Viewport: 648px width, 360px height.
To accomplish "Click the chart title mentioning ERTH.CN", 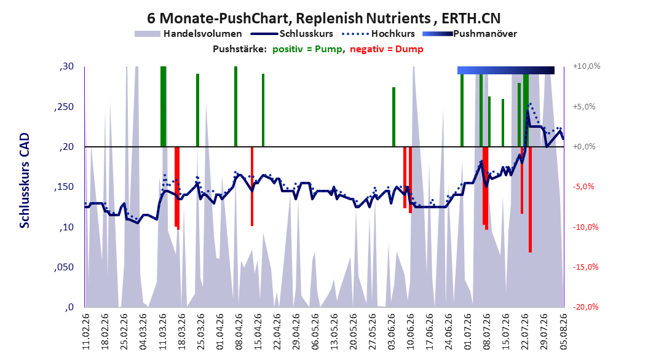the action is [x=323, y=18].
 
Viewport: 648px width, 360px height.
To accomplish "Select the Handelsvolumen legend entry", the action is [x=188, y=34].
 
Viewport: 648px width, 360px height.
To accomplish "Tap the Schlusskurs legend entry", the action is [x=292, y=34].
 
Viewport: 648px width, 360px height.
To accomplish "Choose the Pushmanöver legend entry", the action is [x=470, y=34].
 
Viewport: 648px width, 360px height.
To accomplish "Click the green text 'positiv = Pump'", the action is [x=307, y=49].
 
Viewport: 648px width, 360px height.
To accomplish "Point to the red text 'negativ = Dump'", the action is [x=387, y=49].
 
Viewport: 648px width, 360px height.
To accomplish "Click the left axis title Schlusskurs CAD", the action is [x=25, y=181].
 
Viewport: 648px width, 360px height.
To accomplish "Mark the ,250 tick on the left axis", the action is [x=64, y=107].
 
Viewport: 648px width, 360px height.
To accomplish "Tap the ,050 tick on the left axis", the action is [x=64, y=267].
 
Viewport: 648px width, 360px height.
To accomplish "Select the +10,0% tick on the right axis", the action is [x=586, y=66].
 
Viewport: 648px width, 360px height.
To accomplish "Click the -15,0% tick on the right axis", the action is [x=585, y=267].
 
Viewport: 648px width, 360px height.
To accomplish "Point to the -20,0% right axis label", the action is [x=585, y=307].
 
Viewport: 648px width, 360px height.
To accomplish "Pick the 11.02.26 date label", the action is [x=86, y=332].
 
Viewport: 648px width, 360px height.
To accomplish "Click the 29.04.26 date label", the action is [x=296, y=332].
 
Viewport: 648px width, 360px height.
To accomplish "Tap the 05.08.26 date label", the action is [x=563, y=332].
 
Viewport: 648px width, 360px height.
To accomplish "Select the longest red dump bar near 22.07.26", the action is [x=530, y=200].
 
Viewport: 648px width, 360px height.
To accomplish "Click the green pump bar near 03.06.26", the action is [x=394, y=117].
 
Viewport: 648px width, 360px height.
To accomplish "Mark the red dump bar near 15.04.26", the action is [x=252, y=187].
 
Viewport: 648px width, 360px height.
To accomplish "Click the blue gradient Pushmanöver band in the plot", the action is [x=506, y=70].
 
